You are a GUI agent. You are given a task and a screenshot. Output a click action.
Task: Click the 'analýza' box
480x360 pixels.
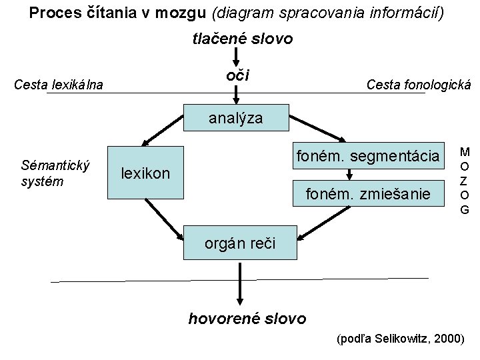(x=236, y=119)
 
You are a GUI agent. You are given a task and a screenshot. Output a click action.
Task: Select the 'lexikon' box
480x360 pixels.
(x=147, y=173)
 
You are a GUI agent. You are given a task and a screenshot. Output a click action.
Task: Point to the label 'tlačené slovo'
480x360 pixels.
(x=243, y=38)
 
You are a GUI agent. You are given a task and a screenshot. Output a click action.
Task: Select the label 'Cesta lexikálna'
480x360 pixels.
(x=59, y=85)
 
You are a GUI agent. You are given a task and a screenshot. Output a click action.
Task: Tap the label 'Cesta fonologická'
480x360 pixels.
(x=419, y=85)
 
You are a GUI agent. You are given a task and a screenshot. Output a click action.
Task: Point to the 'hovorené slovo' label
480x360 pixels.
(x=248, y=318)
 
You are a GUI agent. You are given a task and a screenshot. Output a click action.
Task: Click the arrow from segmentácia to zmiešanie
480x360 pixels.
(x=349, y=175)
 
